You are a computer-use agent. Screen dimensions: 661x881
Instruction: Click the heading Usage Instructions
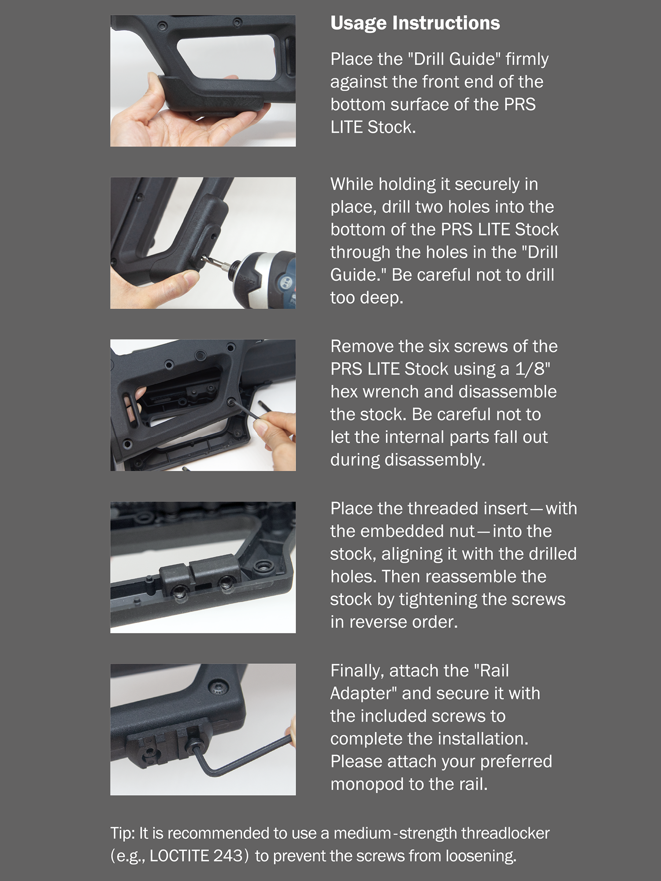415,23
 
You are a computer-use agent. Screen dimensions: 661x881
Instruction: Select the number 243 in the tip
228,855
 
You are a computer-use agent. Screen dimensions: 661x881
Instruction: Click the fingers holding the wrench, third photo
275,436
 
